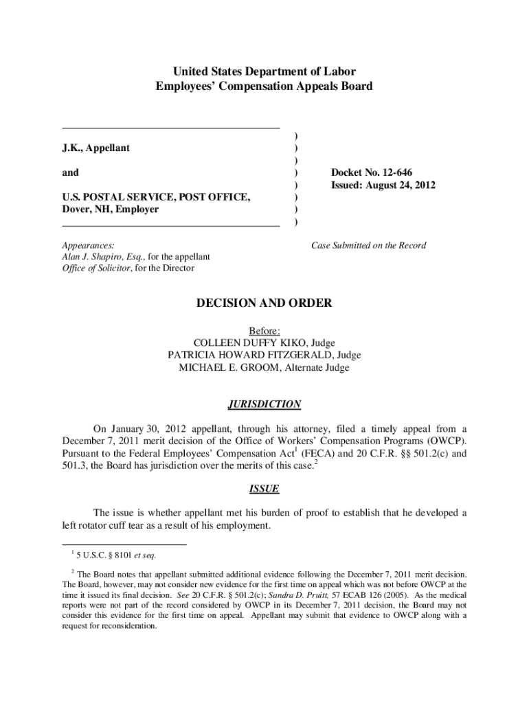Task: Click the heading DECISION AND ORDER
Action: [264, 303]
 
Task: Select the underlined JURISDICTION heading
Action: [264, 404]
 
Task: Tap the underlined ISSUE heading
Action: [264, 489]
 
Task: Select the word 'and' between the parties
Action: [70, 172]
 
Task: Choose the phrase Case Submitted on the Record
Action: [368, 245]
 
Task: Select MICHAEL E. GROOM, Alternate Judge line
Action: [264, 367]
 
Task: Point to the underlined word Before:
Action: [264, 330]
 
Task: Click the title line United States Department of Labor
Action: [264, 71]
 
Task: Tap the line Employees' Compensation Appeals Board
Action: [264, 87]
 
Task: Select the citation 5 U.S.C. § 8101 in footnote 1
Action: [111, 555]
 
